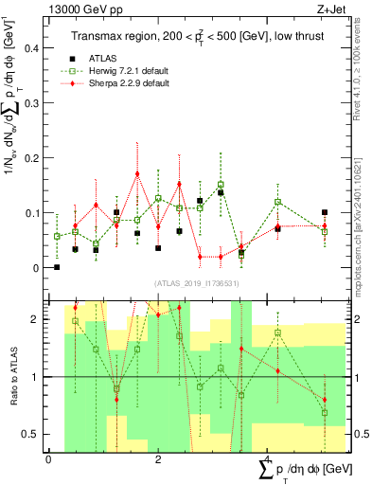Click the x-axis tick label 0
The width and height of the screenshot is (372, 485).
tap(48, 459)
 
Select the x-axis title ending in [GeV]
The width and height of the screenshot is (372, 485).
tap(305, 471)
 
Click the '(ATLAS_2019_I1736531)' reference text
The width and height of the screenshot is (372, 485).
tap(189, 283)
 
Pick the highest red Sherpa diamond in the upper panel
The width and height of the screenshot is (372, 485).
tap(137, 174)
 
